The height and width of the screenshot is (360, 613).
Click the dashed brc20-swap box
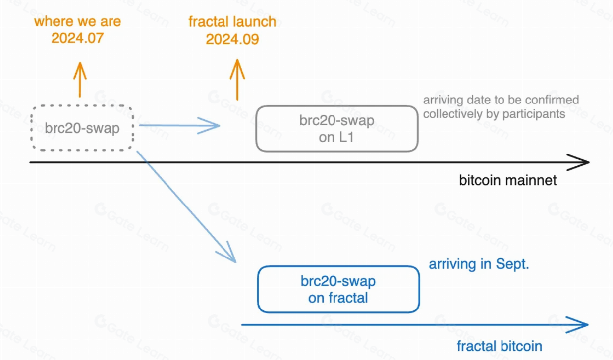pos(82,128)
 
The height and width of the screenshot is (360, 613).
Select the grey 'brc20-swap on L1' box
pos(337,129)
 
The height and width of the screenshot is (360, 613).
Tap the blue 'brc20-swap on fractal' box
pos(338,290)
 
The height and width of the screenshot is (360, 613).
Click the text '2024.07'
pos(77,38)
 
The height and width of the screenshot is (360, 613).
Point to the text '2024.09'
pos(232,39)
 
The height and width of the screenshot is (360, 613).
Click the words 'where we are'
pos(77,22)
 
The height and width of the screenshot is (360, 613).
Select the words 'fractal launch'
pos(232,22)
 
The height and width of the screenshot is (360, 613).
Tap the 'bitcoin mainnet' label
pos(508,180)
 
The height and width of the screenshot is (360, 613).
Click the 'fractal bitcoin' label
pos(500,346)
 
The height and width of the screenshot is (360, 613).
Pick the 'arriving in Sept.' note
pos(479,264)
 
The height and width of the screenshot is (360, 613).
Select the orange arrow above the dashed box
pos(80,79)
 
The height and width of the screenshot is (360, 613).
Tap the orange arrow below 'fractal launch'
pos(237,79)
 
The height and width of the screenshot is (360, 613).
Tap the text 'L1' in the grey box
pos(347,137)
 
